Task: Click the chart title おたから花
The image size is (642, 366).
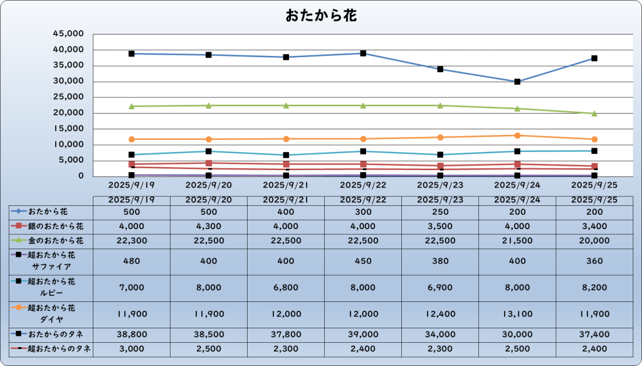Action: [x=321, y=16]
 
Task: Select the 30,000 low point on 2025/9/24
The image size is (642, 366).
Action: [x=517, y=82]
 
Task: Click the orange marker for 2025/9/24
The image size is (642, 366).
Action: [x=517, y=136]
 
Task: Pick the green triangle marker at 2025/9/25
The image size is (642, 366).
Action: [x=594, y=114]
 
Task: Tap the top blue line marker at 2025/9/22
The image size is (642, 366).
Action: [x=363, y=53]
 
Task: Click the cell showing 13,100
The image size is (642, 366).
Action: [x=517, y=313]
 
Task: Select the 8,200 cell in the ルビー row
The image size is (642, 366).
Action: [x=594, y=287]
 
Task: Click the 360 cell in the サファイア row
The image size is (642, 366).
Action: [x=594, y=261]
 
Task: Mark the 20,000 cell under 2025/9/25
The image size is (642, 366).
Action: [x=594, y=240]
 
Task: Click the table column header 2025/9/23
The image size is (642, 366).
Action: [x=440, y=200]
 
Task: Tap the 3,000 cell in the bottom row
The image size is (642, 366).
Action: [x=132, y=349]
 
